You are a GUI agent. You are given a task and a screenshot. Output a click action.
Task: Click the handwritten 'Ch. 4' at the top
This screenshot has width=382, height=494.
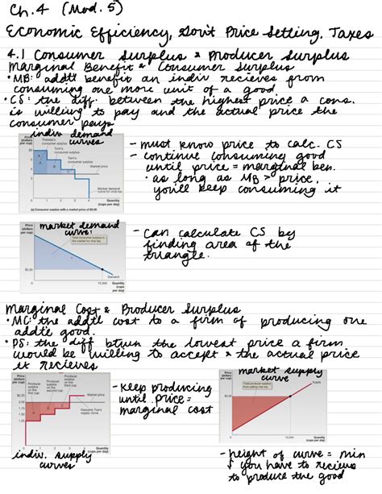[29, 10]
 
